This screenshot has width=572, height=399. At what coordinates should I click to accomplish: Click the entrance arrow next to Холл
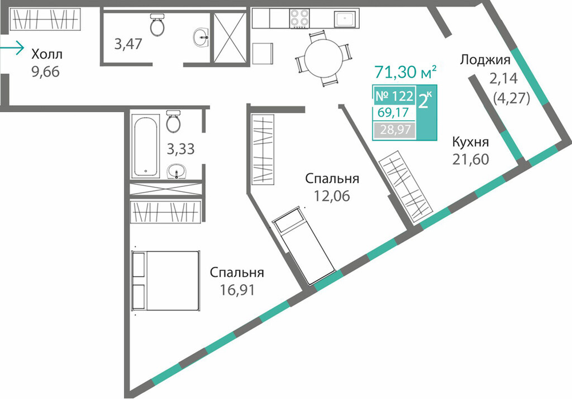click(11, 48)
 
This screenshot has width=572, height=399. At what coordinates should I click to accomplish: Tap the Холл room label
click(47, 54)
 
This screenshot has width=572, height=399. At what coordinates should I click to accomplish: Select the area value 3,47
click(128, 44)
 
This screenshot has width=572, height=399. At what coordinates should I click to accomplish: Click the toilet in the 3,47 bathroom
click(157, 25)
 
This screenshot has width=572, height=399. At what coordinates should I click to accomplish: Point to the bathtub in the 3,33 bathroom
click(145, 146)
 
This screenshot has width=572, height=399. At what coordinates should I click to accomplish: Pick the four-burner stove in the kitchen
click(300, 18)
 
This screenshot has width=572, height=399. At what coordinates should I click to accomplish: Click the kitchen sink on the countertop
click(345, 19)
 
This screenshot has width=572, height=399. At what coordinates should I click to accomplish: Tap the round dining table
click(324, 58)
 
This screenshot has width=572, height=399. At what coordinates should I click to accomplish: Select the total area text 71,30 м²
click(406, 72)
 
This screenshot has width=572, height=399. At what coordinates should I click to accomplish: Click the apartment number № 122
click(394, 96)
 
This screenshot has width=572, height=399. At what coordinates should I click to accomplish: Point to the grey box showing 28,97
click(395, 129)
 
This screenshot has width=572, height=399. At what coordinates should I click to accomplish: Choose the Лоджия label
click(485, 59)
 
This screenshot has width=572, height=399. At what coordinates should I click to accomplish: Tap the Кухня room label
click(471, 142)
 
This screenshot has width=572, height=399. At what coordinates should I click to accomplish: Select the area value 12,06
click(332, 196)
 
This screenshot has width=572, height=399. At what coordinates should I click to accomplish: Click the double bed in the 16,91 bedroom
click(166, 281)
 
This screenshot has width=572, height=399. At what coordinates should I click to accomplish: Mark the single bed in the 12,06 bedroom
click(304, 246)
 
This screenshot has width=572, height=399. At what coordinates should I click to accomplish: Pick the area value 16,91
click(237, 290)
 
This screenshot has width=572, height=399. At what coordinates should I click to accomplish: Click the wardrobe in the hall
click(45, 19)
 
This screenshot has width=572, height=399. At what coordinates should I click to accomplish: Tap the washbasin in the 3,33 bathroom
click(177, 171)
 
